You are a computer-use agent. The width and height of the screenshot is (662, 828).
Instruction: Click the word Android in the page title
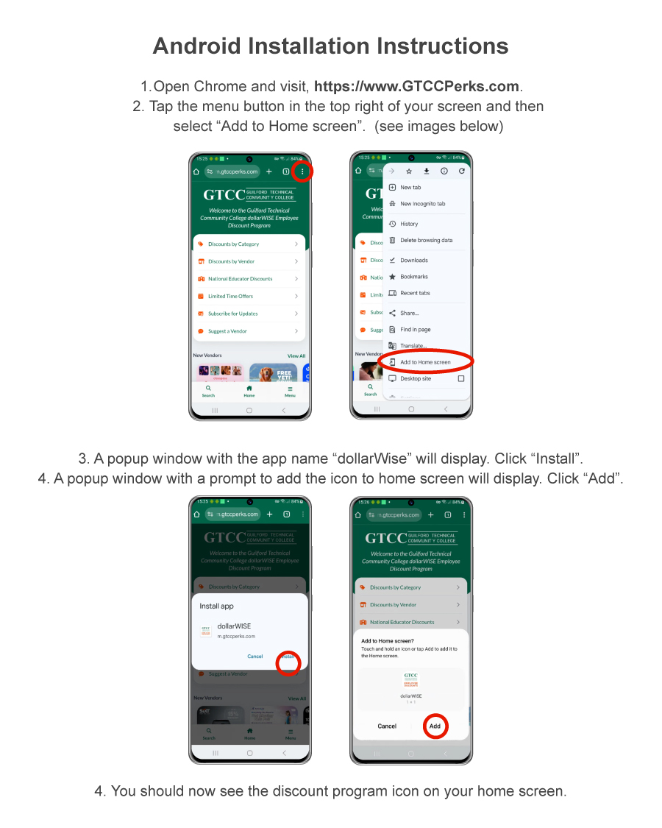[196, 46]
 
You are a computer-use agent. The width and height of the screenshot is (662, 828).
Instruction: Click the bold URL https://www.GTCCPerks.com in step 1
[416, 86]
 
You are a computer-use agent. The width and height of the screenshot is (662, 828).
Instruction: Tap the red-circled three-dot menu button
[302, 171]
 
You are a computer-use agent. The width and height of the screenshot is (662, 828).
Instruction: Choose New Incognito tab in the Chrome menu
[422, 204]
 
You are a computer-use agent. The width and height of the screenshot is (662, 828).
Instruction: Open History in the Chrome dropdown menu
[409, 224]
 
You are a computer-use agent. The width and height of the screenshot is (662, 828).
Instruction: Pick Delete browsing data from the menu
[426, 240]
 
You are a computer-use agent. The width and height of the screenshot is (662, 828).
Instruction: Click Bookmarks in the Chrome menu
[413, 277]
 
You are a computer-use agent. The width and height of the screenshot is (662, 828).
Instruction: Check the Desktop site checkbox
[461, 378]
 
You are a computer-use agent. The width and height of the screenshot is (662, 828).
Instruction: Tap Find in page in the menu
[415, 330]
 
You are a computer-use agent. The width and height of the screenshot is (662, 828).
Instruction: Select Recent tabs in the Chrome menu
[415, 293]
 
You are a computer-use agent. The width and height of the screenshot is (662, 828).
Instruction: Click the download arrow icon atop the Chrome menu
[427, 171]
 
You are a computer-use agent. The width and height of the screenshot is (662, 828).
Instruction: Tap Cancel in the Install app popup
[255, 657]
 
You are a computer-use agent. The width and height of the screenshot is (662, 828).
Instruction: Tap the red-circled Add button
[435, 726]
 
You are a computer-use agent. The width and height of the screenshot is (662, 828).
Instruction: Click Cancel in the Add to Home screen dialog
[387, 726]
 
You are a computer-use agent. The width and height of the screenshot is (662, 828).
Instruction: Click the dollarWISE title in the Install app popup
[234, 626]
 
